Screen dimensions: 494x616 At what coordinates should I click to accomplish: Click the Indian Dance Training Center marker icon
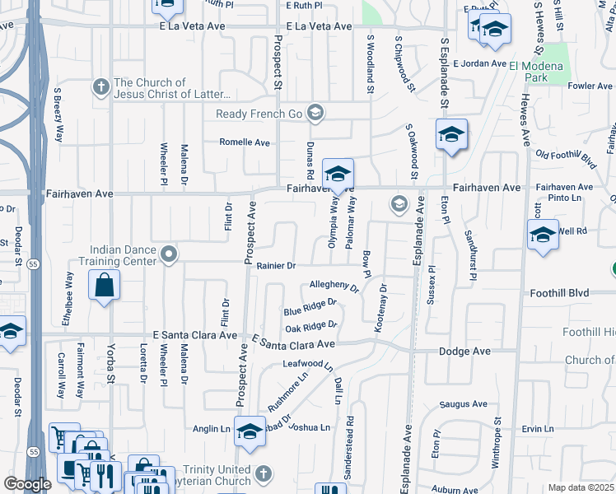pyautogui.click(x=169, y=254)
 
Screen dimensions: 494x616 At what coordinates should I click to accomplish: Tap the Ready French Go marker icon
pyautogui.click(x=313, y=113)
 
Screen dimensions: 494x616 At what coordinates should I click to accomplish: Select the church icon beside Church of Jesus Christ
pyautogui.click(x=100, y=86)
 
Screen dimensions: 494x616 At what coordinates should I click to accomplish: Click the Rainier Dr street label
pyautogui.click(x=275, y=265)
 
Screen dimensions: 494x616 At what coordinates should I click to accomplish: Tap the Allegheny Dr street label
pyautogui.click(x=334, y=287)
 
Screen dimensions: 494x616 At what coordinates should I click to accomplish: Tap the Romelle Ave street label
pyautogui.click(x=244, y=142)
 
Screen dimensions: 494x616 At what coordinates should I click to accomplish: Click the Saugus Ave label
pyautogui.click(x=464, y=404)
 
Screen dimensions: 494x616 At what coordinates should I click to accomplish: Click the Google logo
pyautogui.click(x=27, y=484)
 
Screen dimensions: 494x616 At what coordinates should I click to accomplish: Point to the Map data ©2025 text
pyautogui.click(x=581, y=487)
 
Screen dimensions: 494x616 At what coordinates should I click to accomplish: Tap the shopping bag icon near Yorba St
pyautogui.click(x=105, y=287)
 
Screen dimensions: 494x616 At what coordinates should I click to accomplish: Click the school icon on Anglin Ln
pyautogui.click(x=249, y=431)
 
